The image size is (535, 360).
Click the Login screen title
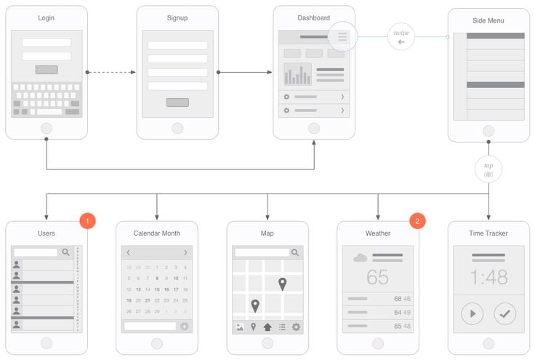[x=47, y=18]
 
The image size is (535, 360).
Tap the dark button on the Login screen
[x=47, y=70]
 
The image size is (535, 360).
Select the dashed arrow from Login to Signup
[x=111, y=72]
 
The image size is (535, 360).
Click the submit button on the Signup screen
[x=177, y=103]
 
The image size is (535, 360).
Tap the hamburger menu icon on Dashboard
[x=342, y=36]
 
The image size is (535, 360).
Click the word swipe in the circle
[x=401, y=33]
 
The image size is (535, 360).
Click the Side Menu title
[x=488, y=21]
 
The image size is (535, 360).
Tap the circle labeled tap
[x=488, y=169]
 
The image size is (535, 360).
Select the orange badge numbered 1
[x=87, y=220]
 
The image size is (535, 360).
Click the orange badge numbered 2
[x=417, y=220]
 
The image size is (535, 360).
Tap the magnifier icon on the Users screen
[x=66, y=252]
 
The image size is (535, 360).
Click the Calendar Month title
[x=157, y=233]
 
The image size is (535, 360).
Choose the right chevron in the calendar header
[x=185, y=252]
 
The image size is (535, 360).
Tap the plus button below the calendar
[x=185, y=327]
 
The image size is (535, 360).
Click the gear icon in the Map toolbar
[x=296, y=327]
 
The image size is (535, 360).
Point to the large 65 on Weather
[x=378, y=277]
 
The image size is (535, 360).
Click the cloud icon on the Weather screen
[x=360, y=257]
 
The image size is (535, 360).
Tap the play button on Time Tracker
[x=472, y=313]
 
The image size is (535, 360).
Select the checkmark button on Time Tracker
[x=504, y=313]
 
